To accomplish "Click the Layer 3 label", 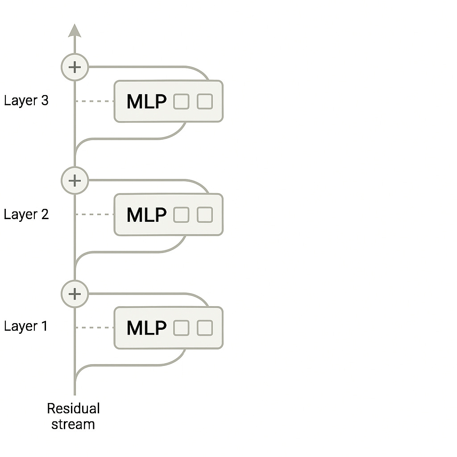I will (26, 100).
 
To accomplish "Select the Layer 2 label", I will (26, 214).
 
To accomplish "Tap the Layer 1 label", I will (26, 326).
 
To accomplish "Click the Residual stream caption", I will (73, 416).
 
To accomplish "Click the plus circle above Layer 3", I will (75, 67).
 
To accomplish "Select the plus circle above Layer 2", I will (75, 180).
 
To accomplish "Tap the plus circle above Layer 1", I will (75, 294).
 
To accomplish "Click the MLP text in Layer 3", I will (146, 102).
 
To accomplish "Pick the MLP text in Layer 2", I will (146, 215).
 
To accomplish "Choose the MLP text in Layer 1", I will (146, 328).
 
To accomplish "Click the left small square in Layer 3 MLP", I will (181, 102).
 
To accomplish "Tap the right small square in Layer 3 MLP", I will (205, 101).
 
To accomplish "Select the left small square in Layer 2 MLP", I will (181, 215).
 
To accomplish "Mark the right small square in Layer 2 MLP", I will (205, 215).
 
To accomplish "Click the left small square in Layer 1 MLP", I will (181, 328).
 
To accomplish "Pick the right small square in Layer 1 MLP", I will (205, 328).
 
